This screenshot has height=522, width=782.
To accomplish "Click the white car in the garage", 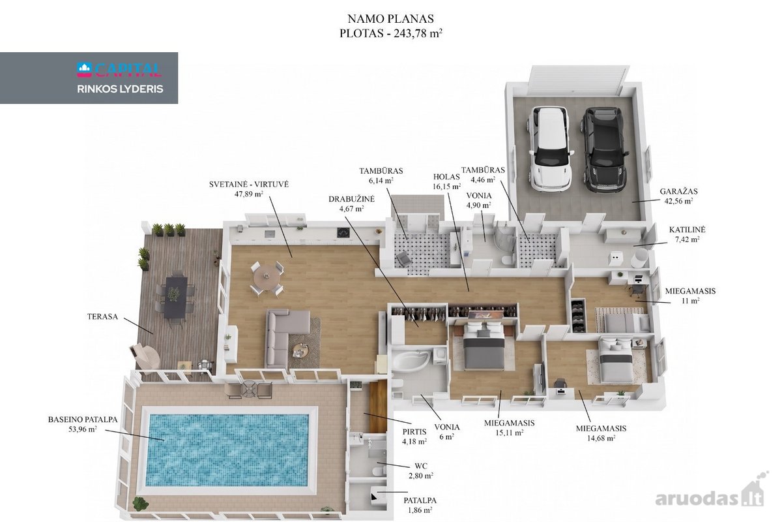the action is tap(551, 149).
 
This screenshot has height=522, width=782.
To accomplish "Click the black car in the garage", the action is tap(604, 149).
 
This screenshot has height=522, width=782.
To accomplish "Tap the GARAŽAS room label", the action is tap(678, 191).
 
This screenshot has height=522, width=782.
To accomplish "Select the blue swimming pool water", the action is tap(229, 450).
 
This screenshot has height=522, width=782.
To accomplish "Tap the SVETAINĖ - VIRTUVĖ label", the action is tap(249, 184).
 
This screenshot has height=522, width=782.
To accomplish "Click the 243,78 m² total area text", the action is tap(418, 33).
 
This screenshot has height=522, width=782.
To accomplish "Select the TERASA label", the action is tap(102, 316).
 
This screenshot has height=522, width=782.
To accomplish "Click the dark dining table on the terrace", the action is tap(176, 297).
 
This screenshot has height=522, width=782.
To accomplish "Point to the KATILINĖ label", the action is tap(687, 230).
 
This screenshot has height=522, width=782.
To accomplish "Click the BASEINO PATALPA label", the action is tap(83, 420).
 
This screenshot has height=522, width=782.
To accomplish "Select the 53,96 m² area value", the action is tap(82, 429).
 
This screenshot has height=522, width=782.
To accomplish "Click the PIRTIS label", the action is tap(414, 432).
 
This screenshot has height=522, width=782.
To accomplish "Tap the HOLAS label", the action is tap(446, 177).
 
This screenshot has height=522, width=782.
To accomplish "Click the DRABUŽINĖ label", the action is tap(351, 199).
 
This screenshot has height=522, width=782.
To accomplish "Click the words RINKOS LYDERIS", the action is tap(120, 89).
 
